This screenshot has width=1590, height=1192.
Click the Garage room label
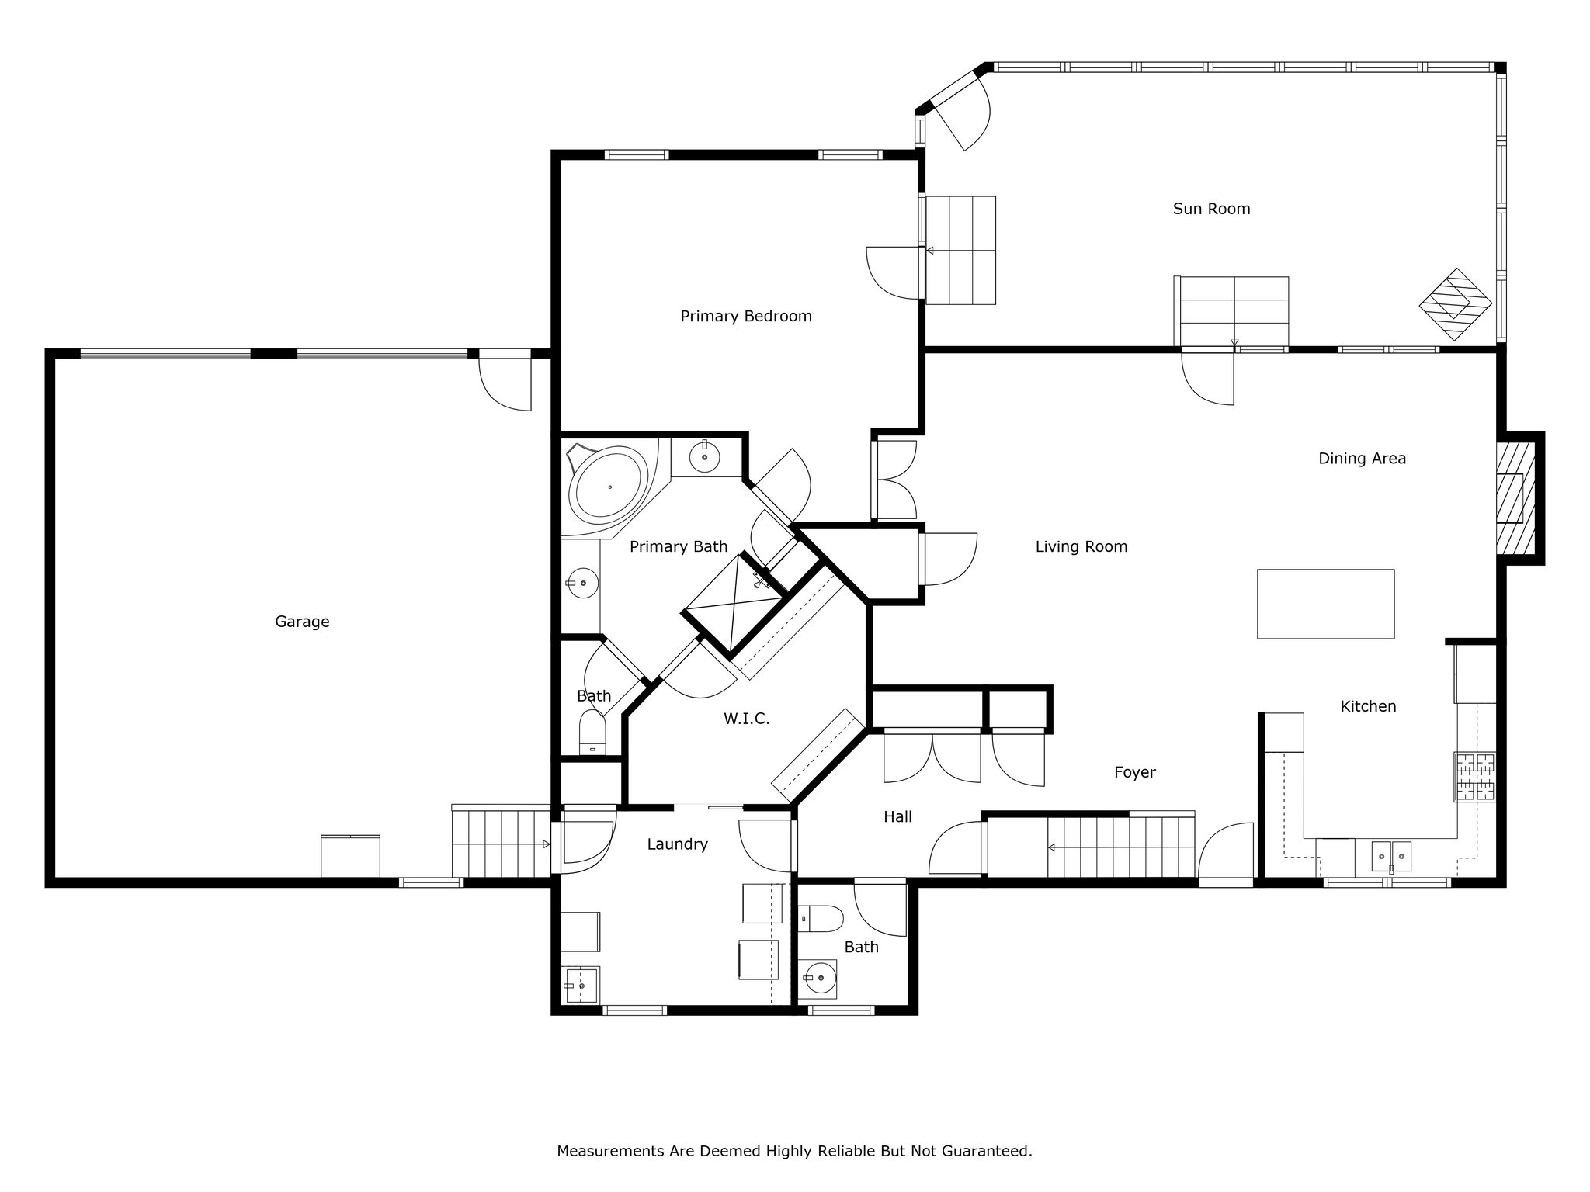pyautogui.click(x=302, y=622)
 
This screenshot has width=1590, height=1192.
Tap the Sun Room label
pyautogui.click(x=1211, y=209)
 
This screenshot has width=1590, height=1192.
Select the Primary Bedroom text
pyautogui.click(x=746, y=316)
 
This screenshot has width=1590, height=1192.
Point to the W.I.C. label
pyautogui.click(x=747, y=719)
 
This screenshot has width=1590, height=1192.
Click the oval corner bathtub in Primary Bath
pyautogui.click(x=609, y=486)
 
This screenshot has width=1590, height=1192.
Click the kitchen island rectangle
pyautogui.click(x=1325, y=604)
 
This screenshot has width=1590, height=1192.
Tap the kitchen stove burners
pyautogui.click(x=1475, y=777)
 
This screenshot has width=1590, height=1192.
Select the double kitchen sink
pyautogui.click(x=1391, y=856)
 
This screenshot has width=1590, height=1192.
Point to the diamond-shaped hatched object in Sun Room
pyautogui.click(x=1456, y=304)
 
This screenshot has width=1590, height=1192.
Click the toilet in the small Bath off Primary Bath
pyautogui.click(x=592, y=734)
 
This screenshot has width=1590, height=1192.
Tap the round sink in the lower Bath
pyautogui.click(x=818, y=979)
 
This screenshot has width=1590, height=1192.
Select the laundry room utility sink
pyautogui.click(x=581, y=985)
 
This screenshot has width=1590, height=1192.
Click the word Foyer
pyautogui.click(x=1135, y=772)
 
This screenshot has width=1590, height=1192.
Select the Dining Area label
pyautogui.click(x=1363, y=459)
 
